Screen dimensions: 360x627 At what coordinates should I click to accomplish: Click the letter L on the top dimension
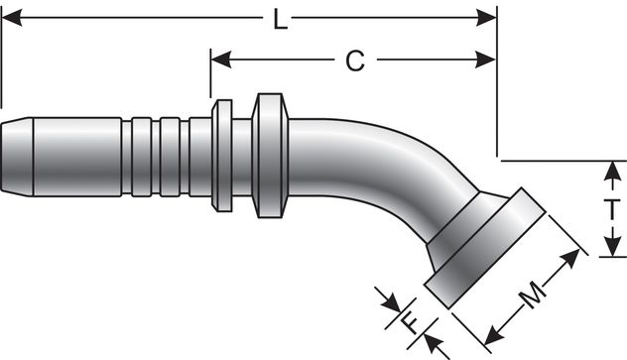pos(281,19)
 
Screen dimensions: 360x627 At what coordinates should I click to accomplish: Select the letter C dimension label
pos(354,61)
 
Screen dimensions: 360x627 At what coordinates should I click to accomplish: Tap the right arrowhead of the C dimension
pos(487,61)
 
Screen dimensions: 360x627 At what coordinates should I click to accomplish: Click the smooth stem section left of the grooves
pos(74,157)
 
